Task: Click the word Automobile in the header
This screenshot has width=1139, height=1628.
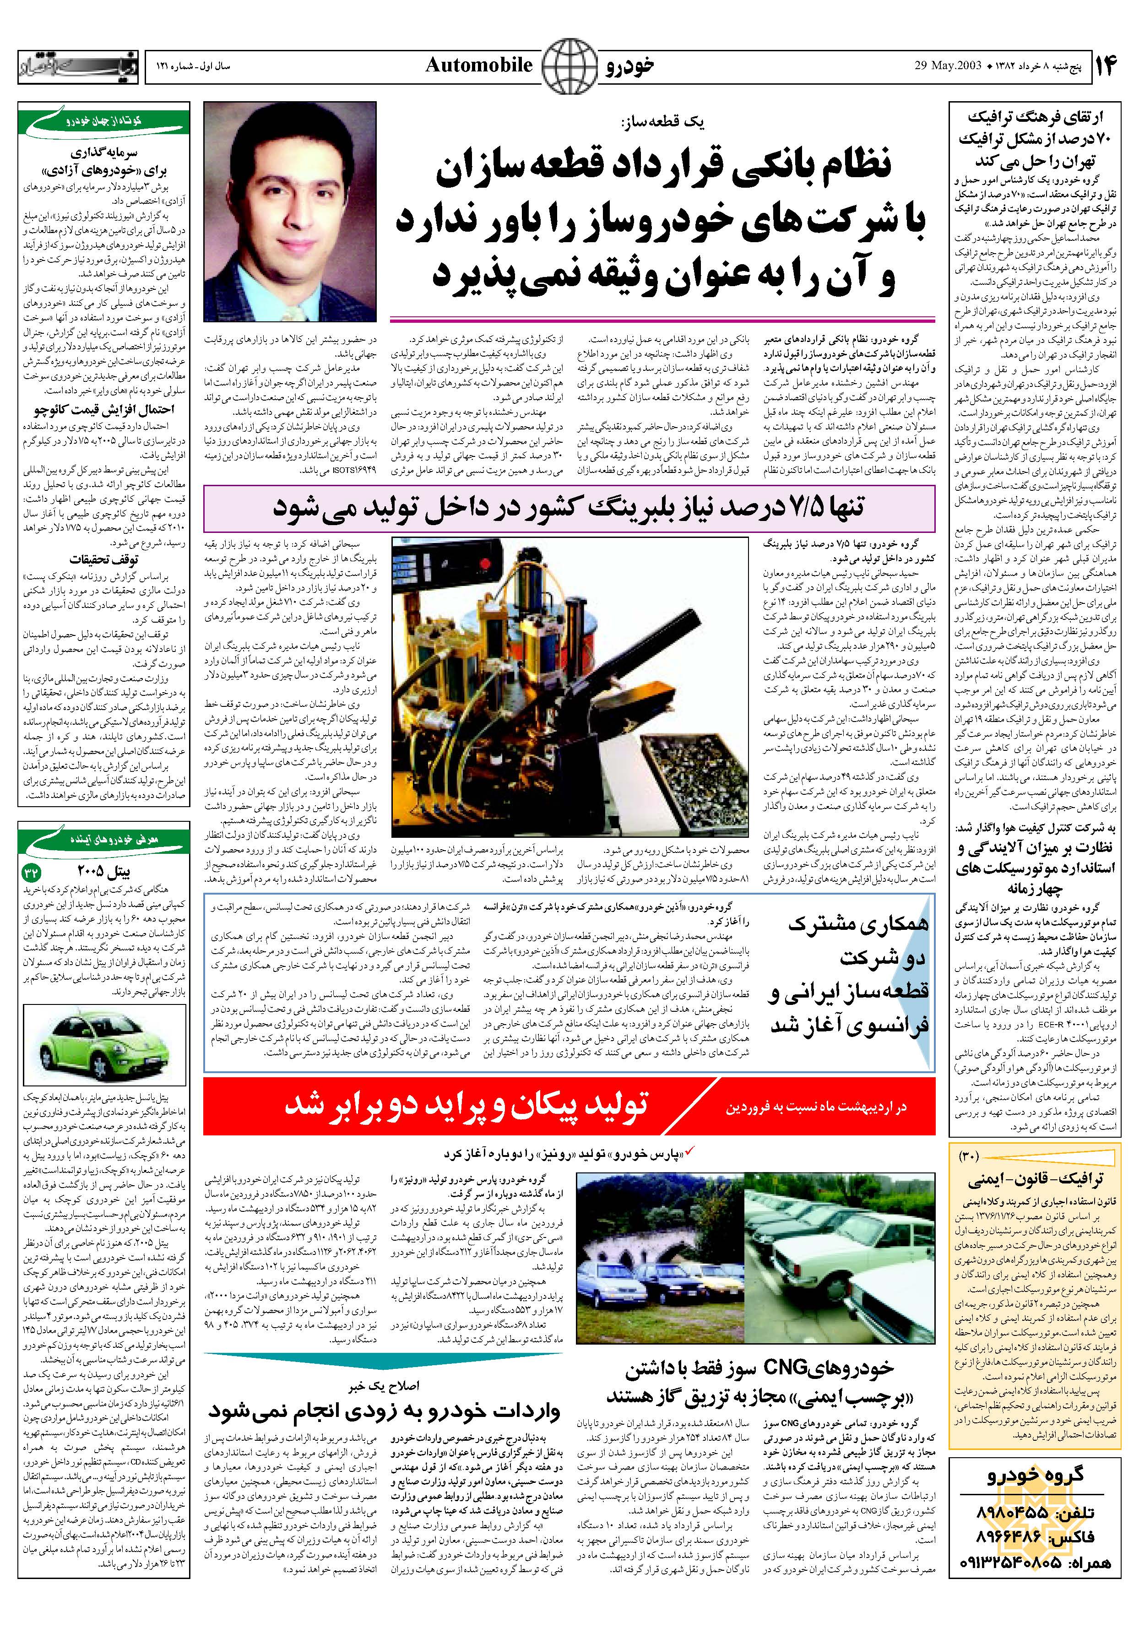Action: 479,66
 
